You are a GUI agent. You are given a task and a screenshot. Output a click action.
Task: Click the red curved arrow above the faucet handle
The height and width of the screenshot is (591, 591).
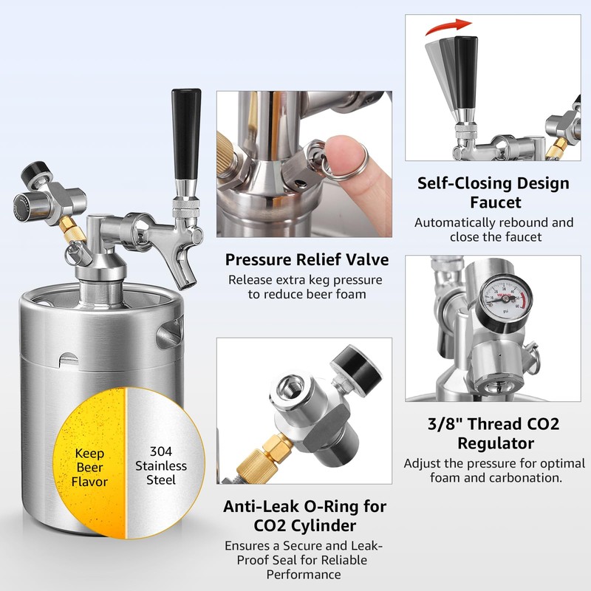coord(448,27)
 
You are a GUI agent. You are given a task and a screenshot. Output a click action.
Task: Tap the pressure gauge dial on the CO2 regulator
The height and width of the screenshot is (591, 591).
coord(504,298)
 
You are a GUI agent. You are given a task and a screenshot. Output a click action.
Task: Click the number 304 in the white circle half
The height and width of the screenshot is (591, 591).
coord(161,451)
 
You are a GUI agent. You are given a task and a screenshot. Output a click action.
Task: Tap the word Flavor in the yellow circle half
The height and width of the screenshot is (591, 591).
coord(89,482)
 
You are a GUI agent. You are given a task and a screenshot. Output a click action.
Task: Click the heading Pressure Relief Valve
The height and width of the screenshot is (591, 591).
coord(307,260)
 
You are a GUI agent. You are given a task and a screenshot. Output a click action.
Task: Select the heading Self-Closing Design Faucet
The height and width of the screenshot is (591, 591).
coord(493,193)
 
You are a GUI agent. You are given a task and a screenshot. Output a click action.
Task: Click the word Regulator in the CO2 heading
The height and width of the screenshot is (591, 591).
coord(496,443)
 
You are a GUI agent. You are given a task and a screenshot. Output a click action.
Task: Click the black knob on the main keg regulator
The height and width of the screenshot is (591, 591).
coord(33,172)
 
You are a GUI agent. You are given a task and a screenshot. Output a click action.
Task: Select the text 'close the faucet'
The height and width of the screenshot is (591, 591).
coord(495,236)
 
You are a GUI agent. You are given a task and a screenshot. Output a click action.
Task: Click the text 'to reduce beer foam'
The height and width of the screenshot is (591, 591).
coord(307,294)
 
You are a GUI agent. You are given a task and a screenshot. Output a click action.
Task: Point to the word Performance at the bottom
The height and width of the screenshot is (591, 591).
coord(304,575)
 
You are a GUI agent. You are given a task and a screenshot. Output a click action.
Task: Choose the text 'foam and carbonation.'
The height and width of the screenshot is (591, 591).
coord(496,478)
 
